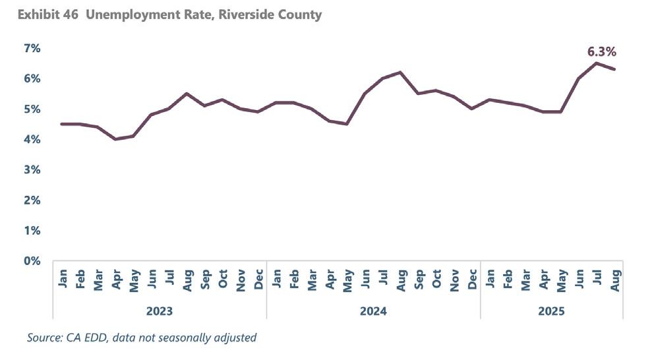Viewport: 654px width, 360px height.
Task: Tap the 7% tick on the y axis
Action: click(33, 48)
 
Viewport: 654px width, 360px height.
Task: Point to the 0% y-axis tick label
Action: click(33, 261)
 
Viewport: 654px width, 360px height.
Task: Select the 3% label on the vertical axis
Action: click(33, 170)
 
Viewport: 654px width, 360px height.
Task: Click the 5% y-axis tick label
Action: click(33, 109)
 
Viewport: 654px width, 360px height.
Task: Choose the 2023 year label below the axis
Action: click(160, 310)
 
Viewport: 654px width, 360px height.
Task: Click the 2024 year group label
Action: click(373, 310)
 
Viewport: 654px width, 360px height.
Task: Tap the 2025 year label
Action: click(551, 310)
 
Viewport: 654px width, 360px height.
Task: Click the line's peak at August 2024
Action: click(400, 73)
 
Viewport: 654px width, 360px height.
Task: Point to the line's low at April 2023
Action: click(115, 139)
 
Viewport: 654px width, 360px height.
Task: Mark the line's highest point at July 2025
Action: click(597, 63)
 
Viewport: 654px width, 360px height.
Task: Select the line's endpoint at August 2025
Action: click(614, 69)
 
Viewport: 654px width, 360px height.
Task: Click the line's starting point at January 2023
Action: click(62, 124)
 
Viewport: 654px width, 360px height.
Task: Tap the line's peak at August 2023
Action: click(187, 94)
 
